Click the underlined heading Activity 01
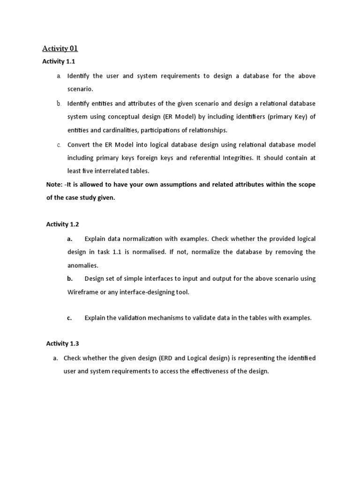(x=60, y=48)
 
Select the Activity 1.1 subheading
(x=59, y=61)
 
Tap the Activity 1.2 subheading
(x=59, y=225)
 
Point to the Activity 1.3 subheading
(x=59, y=344)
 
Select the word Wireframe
(x=82, y=292)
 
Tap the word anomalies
(x=83, y=265)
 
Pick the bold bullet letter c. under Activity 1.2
(x=69, y=318)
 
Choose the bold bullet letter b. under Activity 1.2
(x=70, y=278)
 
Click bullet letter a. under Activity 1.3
(x=55, y=358)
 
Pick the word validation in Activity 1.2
(x=131, y=318)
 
